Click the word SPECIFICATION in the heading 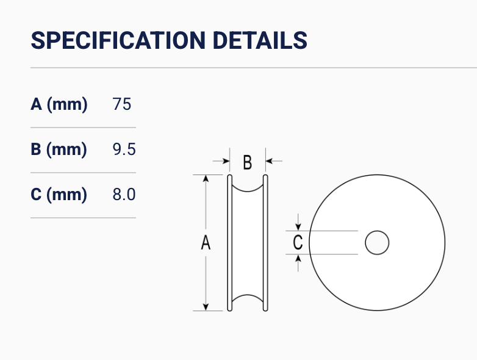click(118, 40)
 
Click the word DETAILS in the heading click(260, 40)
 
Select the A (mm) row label click(59, 104)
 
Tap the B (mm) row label click(59, 149)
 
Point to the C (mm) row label click(59, 195)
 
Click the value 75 click(121, 104)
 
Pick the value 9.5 click(124, 149)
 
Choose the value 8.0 click(124, 194)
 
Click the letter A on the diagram click(206, 243)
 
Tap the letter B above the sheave click(248, 162)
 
